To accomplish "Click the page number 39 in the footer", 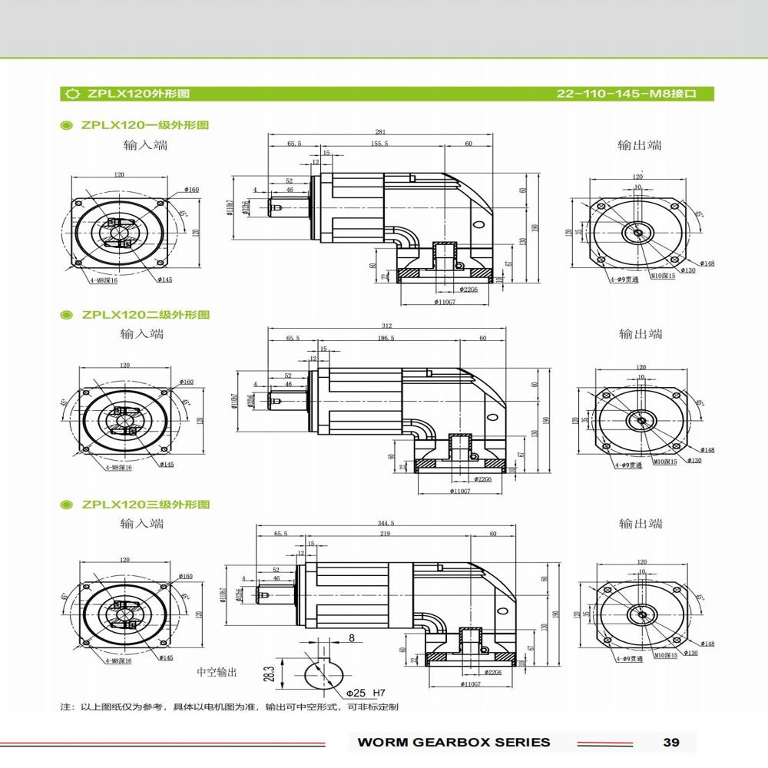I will click(670, 742).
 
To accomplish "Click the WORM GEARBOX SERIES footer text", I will click(454, 742).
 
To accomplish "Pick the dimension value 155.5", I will click(379, 144).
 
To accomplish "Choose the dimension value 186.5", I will click(386, 338).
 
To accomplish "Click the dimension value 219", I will click(386, 533).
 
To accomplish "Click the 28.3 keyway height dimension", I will click(268, 674).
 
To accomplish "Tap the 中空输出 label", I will click(217, 672).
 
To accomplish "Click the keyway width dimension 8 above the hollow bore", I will click(351, 637).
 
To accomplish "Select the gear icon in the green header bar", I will click(72, 94).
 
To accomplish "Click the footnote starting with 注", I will click(230, 707).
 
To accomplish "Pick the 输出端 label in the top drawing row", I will click(640, 145).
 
